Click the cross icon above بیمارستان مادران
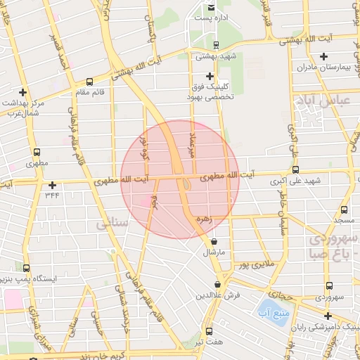323,57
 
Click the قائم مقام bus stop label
89,92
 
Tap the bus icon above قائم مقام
89,82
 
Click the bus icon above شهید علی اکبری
295,169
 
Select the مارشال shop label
214,252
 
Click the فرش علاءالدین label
219,295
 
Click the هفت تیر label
209,342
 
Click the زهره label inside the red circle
204,220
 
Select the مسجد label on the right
344,221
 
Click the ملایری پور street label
252,265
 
